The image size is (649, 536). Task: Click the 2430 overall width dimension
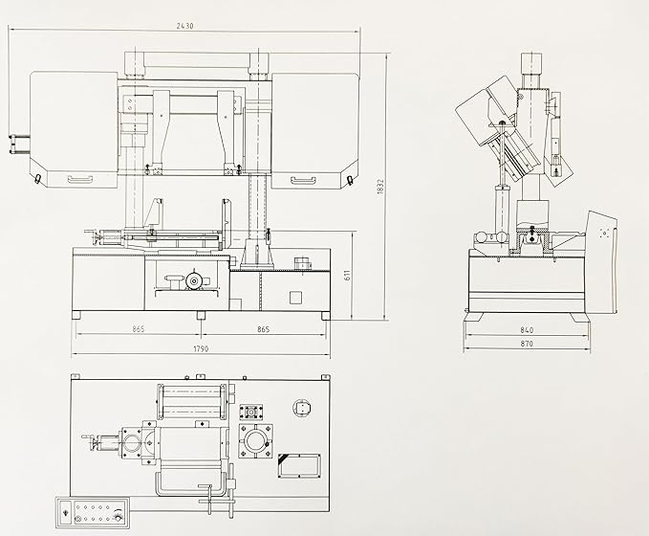(x=184, y=26)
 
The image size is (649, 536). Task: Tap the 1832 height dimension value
(x=380, y=187)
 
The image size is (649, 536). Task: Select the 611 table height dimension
(x=347, y=275)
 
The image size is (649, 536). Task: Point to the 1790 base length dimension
(x=201, y=348)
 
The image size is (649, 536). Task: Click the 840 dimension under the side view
(x=527, y=330)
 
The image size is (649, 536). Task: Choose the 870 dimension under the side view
(x=527, y=344)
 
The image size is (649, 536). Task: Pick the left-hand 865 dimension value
(x=139, y=329)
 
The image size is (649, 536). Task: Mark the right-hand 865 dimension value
(x=263, y=329)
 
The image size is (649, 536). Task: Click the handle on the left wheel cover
(x=79, y=179)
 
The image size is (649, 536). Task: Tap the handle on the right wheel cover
(x=303, y=180)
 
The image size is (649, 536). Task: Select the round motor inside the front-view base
(x=192, y=281)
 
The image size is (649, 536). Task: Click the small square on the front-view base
(x=295, y=298)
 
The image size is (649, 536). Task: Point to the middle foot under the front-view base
(x=201, y=315)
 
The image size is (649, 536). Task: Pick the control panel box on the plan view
(x=93, y=513)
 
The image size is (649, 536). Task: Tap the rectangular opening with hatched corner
(x=299, y=465)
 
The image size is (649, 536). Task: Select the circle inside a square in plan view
(x=302, y=408)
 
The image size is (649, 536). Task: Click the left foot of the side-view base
(x=473, y=317)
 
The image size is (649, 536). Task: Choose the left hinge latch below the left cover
(x=37, y=179)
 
